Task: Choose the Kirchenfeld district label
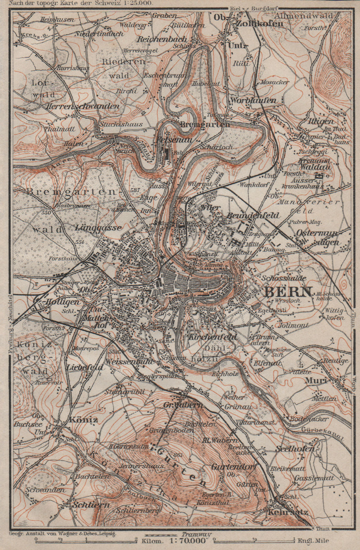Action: click(212, 337)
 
